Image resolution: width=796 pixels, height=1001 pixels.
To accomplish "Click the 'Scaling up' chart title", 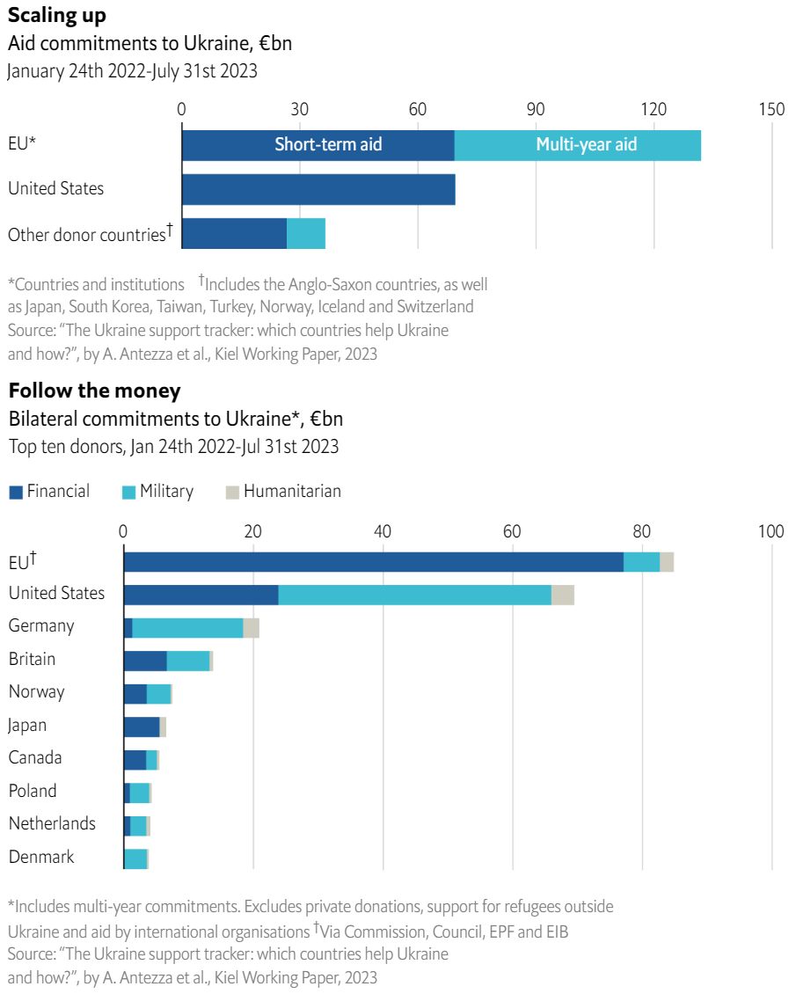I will point(58,15).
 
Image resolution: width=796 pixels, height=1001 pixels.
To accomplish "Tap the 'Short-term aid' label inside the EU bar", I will point(328,145).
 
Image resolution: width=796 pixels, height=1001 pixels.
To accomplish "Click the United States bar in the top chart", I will point(318,189).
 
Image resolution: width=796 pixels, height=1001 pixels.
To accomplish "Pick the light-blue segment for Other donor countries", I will point(306,233).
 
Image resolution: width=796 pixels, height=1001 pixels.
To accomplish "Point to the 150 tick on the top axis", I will point(771,109).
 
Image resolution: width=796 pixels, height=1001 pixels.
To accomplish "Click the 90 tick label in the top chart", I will point(536,109).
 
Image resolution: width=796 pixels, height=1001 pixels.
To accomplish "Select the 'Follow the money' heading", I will point(94,390).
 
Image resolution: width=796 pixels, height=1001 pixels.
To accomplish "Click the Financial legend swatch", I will point(16,493).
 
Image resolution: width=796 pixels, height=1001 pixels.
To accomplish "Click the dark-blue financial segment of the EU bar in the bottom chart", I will point(373,562).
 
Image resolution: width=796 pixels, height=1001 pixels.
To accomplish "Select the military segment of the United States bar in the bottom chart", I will point(414,595).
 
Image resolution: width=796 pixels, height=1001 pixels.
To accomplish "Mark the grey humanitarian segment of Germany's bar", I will point(252,628).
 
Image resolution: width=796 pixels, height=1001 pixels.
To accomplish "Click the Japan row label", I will point(27,726).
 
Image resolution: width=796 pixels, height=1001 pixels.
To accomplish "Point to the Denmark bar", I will point(135,859).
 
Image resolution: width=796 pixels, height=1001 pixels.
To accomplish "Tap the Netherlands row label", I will point(52,824).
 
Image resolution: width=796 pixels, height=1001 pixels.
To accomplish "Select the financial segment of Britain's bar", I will point(145,661).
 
